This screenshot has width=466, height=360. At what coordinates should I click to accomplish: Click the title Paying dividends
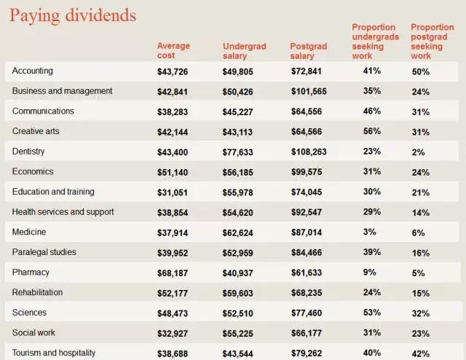tap(73, 15)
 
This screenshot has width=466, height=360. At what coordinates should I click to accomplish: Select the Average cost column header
tap(173, 50)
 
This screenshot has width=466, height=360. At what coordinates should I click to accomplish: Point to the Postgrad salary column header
tap(309, 50)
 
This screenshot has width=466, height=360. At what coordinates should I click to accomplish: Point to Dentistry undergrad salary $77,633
tap(242, 152)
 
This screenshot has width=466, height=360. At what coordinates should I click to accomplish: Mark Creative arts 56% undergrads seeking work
tap(373, 132)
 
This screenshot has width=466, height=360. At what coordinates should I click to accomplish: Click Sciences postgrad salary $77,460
tap(311, 313)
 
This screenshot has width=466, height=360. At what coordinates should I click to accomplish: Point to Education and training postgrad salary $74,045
tap(311, 192)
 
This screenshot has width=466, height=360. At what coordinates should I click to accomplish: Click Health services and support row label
tap(63, 212)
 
